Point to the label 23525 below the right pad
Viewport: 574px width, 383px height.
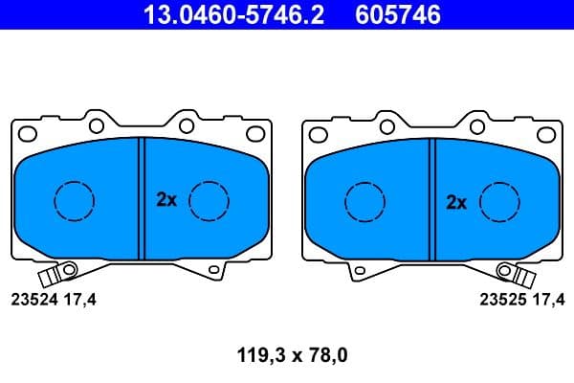click(499, 300)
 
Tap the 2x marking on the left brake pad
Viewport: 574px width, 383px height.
click(166, 200)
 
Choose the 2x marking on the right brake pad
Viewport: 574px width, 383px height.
click(456, 202)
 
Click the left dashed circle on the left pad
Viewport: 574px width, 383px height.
click(75, 200)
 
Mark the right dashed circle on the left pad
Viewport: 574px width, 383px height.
click(209, 200)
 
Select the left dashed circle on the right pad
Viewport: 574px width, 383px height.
click(364, 200)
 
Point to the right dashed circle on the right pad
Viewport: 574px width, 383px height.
click(498, 200)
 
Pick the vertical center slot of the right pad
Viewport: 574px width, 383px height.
click(431, 198)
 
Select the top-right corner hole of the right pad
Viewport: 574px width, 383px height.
click(541, 133)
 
